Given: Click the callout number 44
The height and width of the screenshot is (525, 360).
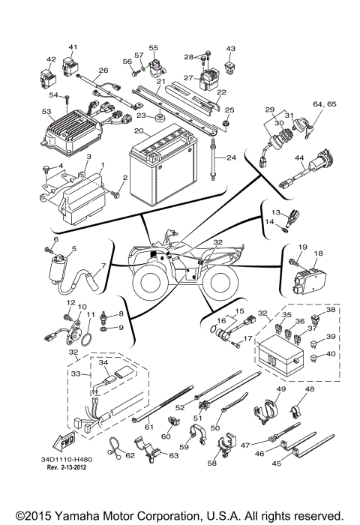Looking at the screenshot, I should [x=298, y=159].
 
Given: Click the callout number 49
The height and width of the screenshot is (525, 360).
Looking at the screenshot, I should [x=281, y=389].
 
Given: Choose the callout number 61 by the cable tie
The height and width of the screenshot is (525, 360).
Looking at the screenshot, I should [x=149, y=427].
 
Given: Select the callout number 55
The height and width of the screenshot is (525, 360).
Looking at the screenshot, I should [x=154, y=47].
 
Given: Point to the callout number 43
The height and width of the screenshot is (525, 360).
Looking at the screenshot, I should [x=231, y=49].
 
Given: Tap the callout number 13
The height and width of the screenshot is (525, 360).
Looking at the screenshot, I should [x=275, y=212].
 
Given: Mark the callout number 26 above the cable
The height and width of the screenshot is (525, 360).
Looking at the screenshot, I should [x=103, y=70].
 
